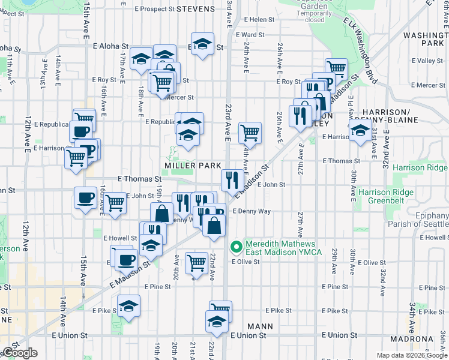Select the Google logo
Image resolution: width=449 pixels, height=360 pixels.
click(x=19, y=353)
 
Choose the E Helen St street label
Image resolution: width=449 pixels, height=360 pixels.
click(x=259, y=20)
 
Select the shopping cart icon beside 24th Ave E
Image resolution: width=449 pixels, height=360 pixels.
click(x=250, y=133)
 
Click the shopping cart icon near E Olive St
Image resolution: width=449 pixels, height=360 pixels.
click(x=196, y=262)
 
